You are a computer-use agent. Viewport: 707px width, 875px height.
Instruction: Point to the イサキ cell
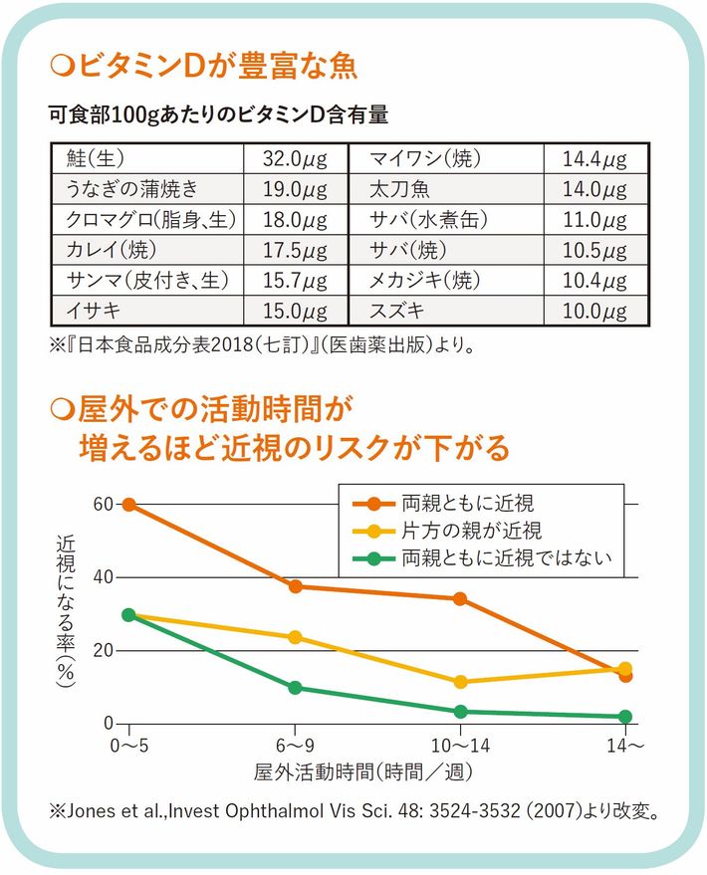(x=96, y=312)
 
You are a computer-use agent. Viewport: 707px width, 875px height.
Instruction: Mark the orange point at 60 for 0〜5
(x=128, y=505)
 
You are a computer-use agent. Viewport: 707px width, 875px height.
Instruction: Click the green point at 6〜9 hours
(x=295, y=688)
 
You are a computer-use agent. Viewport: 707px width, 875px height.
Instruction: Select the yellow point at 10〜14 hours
(x=460, y=682)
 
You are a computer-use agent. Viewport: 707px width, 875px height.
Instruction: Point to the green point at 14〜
(x=625, y=717)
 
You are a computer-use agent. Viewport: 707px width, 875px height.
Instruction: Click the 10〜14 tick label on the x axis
(x=460, y=746)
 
